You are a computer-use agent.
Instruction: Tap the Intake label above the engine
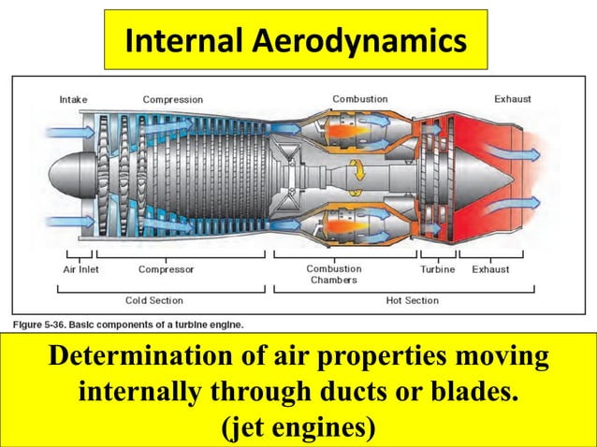74,99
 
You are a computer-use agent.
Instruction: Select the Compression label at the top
172,99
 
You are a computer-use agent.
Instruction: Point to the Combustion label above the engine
361,98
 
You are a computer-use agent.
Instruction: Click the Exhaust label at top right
512,98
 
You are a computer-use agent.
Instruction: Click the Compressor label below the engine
167,269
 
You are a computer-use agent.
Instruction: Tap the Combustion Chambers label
334,274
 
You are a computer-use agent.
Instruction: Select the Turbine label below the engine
437,269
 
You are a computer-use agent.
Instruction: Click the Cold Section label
154,300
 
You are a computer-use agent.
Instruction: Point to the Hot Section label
412,300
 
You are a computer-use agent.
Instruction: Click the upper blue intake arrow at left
66,133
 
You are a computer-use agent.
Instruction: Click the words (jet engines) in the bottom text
297,427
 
